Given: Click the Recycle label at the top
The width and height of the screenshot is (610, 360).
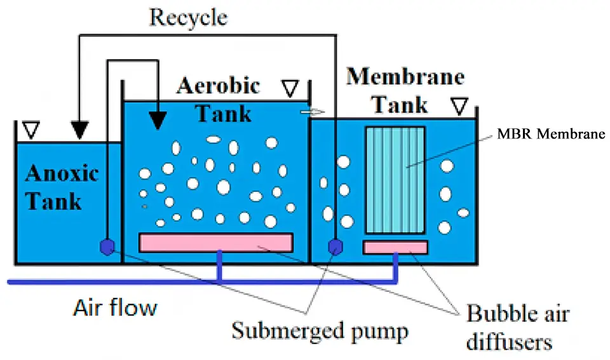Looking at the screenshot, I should (x=187, y=17).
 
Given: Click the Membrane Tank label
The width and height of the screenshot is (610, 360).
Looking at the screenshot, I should (x=405, y=90).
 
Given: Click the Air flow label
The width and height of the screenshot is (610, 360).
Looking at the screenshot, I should (x=114, y=309).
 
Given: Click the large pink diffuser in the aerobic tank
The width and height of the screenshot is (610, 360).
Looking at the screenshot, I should (x=215, y=243).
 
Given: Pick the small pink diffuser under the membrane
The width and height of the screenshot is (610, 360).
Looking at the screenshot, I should (x=395, y=247).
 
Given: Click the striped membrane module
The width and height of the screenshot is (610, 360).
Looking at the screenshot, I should (x=395, y=180).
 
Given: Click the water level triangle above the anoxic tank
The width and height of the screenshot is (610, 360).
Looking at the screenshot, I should (x=30, y=131).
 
